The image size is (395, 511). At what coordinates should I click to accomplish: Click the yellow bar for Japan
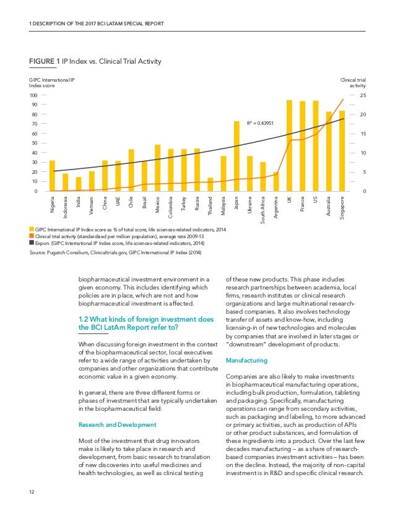[x=237, y=157]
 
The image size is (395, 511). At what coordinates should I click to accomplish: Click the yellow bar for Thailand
[x=210, y=184]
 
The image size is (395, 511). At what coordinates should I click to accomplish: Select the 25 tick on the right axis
[x=363, y=96]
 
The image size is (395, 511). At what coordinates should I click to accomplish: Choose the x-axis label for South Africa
[x=263, y=209]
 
